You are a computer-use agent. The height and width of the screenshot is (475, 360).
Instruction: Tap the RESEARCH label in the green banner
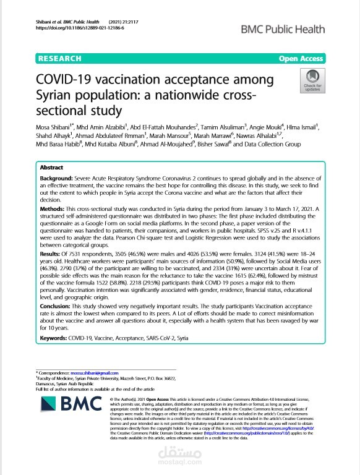tap(60, 59)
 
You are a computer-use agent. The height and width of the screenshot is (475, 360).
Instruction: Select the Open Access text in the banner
tap(301, 59)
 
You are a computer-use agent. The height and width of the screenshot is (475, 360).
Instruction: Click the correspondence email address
tap(93, 373)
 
